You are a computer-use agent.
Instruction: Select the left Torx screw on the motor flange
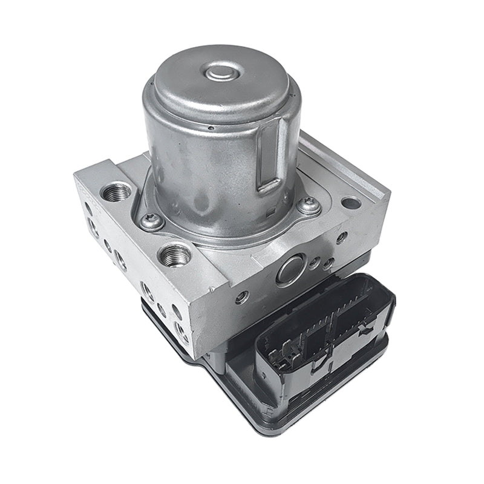pos(151,221)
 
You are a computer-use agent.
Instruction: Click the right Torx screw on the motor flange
pos(309,206)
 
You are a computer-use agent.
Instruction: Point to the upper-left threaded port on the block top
pos(117,193)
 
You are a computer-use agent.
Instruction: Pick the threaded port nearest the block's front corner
pos(175,254)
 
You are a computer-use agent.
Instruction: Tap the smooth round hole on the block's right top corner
pos(351,203)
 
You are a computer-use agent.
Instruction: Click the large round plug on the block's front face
pos(291,270)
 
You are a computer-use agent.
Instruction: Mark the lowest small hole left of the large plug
pos(242,297)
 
